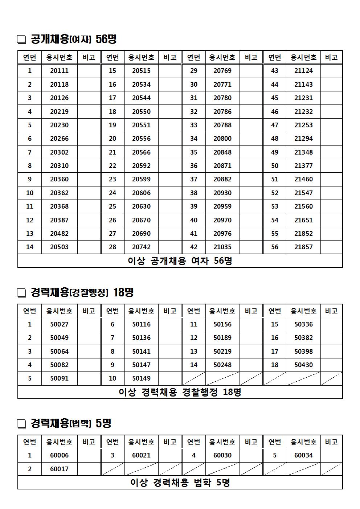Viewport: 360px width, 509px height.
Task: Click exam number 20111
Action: (x=59, y=71)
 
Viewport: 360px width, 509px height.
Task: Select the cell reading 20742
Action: (x=141, y=247)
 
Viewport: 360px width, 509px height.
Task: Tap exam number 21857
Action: (x=303, y=247)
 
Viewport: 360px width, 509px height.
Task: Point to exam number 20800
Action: (x=222, y=139)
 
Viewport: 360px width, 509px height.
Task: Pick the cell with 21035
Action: (x=222, y=247)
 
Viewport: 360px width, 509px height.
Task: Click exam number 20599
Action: (x=141, y=179)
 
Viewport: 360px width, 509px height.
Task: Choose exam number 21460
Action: (x=303, y=179)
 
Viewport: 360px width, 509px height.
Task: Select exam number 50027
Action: (x=59, y=324)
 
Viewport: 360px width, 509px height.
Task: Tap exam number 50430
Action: (x=303, y=365)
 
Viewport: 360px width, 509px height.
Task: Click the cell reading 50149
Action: (x=141, y=378)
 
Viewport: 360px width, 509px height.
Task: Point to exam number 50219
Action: (x=222, y=352)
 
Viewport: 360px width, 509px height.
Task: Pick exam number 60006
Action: (x=59, y=455)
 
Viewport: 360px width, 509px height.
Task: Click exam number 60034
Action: (x=303, y=455)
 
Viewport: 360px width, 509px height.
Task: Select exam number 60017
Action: (x=59, y=469)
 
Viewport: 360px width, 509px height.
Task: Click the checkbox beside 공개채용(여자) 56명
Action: (x=22, y=39)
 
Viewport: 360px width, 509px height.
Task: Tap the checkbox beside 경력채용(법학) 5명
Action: (x=22, y=423)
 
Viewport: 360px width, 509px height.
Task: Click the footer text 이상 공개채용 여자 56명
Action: (x=180, y=261)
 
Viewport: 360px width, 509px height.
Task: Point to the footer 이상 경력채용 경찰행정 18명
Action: (x=180, y=392)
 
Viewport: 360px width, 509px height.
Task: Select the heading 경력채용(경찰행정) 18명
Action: (x=82, y=292)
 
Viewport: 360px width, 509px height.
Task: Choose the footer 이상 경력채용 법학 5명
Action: (x=180, y=483)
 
